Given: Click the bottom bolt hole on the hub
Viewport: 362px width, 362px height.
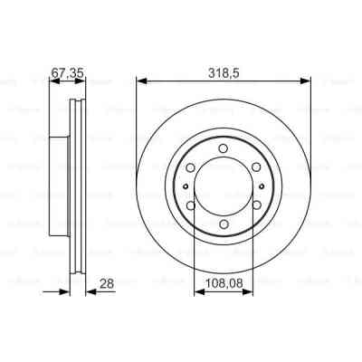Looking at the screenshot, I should [224, 224].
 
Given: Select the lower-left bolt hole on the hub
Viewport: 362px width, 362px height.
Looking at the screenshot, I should [191, 205].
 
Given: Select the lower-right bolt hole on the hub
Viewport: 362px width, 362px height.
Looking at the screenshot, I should [256, 205].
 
